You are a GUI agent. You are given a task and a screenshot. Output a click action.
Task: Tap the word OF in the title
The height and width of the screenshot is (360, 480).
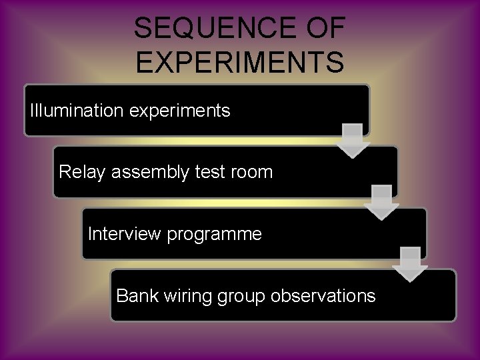pyautogui.click(x=322, y=29)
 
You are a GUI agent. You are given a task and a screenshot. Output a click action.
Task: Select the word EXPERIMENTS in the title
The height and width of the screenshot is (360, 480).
pyautogui.click(x=239, y=61)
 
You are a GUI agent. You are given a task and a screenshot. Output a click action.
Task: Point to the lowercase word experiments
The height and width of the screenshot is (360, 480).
pyautogui.click(x=179, y=111)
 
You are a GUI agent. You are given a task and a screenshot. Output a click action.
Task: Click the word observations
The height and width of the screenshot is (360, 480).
pyautogui.click(x=323, y=295)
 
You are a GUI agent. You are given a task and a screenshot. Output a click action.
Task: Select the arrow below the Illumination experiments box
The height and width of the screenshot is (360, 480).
pyautogui.click(x=353, y=140)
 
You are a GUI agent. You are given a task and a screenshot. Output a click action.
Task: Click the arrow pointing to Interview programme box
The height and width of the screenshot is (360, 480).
pyautogui.click(x=382, y=202)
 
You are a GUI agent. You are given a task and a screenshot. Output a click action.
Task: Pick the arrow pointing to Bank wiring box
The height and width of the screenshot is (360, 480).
pyautogui.click(x=410, y=264)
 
